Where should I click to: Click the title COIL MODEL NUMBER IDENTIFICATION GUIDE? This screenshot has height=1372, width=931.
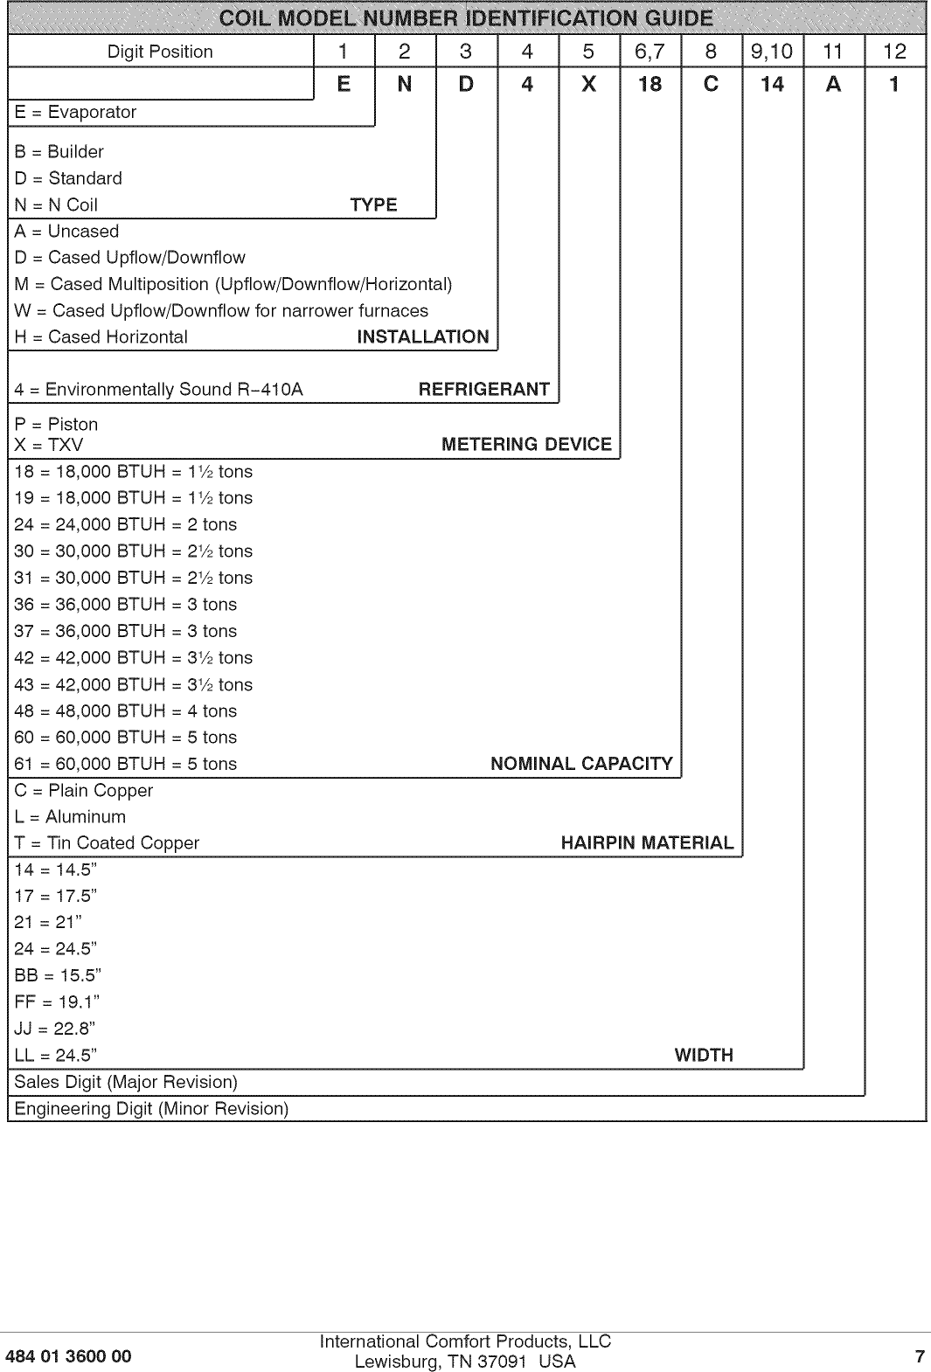(466, 18)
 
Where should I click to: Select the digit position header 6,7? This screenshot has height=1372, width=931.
(650, 52)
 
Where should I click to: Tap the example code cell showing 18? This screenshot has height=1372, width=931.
(650, 85)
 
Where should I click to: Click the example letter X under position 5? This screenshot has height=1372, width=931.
(588, 85)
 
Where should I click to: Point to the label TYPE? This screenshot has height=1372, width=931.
(373, 204)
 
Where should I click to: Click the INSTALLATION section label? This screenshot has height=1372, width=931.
(423, 337)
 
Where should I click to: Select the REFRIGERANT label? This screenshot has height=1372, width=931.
(483, 390)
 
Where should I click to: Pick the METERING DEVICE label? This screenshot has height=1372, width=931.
(526, 444)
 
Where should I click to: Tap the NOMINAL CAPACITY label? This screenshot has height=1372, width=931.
(581, 764)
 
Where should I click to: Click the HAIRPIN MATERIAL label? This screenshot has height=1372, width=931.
(647, 843)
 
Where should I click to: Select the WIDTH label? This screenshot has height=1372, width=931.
(704, 1055)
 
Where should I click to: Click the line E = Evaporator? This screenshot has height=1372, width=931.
(75, 113)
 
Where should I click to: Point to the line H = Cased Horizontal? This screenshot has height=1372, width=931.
(101, 337)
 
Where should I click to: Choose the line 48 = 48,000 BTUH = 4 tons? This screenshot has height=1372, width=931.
(125, 711)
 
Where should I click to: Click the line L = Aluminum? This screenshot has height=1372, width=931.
(70, 817)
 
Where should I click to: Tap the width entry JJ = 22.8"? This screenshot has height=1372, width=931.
(54, 1029)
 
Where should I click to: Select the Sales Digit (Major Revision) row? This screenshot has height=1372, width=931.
(126, 1082)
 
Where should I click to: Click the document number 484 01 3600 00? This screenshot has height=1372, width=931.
(68, 1356)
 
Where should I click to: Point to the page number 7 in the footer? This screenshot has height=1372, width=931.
(919, 1356)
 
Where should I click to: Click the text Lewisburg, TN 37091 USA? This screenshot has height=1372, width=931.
(465, 1362)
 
